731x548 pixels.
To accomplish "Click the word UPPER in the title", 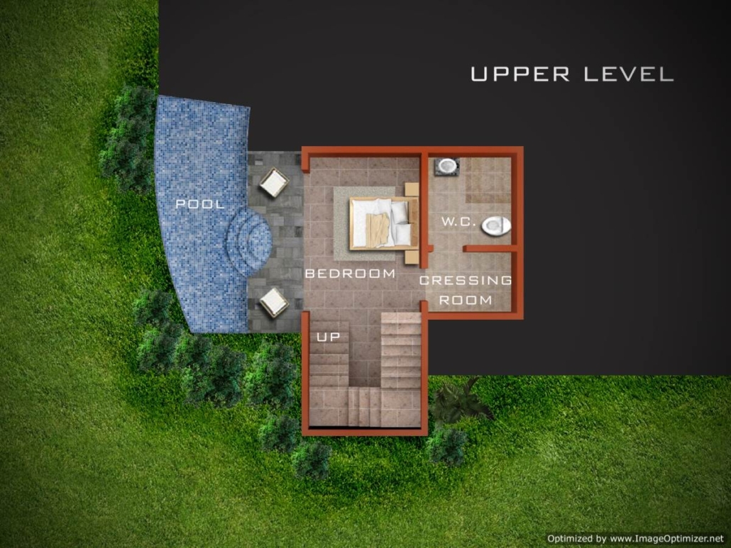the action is (520, 74).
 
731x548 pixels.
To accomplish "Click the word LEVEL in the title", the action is (628, 74).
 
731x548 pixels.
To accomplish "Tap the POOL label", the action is (200, 204).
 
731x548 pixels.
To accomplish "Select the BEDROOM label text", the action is (350, 274).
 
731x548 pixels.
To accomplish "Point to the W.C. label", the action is (458, 222).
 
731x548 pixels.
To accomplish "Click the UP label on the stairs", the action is (328, 337).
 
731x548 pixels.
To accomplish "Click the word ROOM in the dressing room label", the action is (466, 301).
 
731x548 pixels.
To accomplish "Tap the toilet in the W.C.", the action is (496, 226).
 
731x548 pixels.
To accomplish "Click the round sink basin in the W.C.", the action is (447, 166).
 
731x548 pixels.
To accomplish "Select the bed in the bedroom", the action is (383, 223).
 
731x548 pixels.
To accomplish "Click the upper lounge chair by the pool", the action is (274, 183).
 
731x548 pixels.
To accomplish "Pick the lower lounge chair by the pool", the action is (274, 302).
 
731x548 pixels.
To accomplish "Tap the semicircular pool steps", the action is (249, 240).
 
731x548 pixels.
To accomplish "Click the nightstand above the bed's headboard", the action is (412, 189).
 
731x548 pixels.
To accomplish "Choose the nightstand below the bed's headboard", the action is (412, 257).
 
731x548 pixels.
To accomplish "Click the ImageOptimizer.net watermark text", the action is (635, 539).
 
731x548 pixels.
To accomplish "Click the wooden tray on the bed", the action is (377, 229).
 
